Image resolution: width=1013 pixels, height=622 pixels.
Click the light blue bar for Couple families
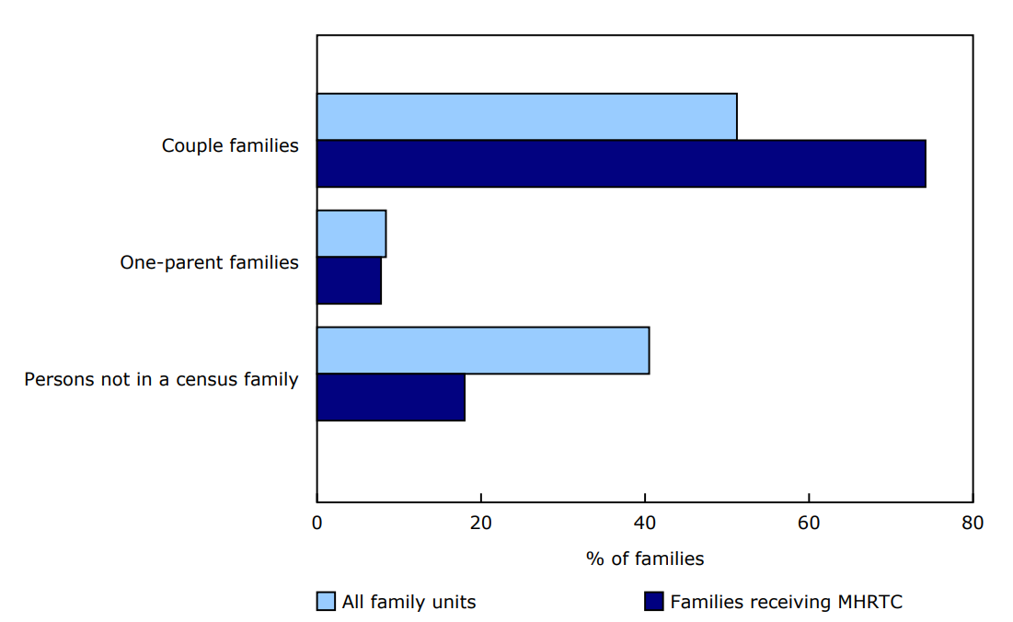(x=526, y=117)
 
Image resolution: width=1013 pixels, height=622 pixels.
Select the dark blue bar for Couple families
(x=621, y=164)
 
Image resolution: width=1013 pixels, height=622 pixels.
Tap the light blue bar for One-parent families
(x=351, y=234)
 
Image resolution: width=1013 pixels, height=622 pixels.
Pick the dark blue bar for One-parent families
(x=349, y=281)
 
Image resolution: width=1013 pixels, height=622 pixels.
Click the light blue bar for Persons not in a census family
(x=483, y=351)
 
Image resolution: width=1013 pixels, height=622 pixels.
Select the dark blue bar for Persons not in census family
(x=390, y=397)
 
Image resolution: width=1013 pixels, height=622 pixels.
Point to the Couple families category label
(x=230, y=145)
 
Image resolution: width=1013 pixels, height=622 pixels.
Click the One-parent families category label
(x=209, y=262)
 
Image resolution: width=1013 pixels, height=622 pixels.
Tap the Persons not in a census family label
(x=161, y=379)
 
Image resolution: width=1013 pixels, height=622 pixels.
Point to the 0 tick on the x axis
(x=317, y=524)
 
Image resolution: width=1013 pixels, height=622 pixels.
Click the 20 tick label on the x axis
(x=480, y=524)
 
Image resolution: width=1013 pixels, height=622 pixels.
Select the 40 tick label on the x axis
(x=645, y=524)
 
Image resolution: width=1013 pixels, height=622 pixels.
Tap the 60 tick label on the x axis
(x=809, y=524)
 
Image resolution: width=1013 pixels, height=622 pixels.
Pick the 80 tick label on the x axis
(x=973, y=524)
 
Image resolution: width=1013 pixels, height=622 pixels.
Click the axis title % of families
(x=644, y=559)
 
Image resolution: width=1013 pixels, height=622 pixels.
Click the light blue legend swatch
(x=326, y=602)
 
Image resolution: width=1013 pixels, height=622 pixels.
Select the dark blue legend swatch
(x=653, y=602)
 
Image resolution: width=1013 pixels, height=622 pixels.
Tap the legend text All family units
(x=409, y=603)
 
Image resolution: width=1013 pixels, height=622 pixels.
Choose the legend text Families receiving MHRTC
(x=786, y=603)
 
